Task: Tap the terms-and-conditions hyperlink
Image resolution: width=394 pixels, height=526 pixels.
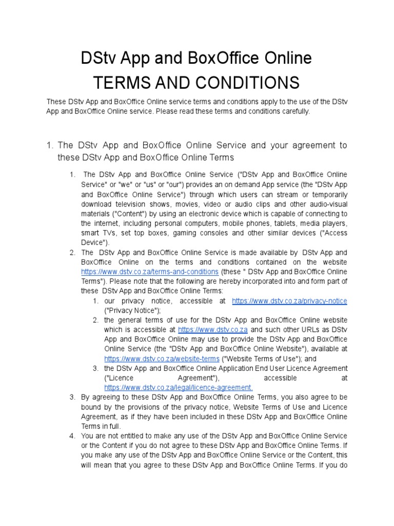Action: [x=150, y=271]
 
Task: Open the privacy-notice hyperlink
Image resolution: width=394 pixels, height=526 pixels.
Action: [x=289, y=300]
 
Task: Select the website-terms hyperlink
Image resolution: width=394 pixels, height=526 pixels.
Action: [x=162, y=359]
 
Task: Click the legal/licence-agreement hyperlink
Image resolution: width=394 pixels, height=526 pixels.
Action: [x=179, y=387]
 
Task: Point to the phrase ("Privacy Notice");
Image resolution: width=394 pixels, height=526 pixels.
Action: [x=132, y=310]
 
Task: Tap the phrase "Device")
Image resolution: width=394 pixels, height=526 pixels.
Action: [x=94, y=242]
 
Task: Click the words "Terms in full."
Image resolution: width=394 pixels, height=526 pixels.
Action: [x=102, y=426]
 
